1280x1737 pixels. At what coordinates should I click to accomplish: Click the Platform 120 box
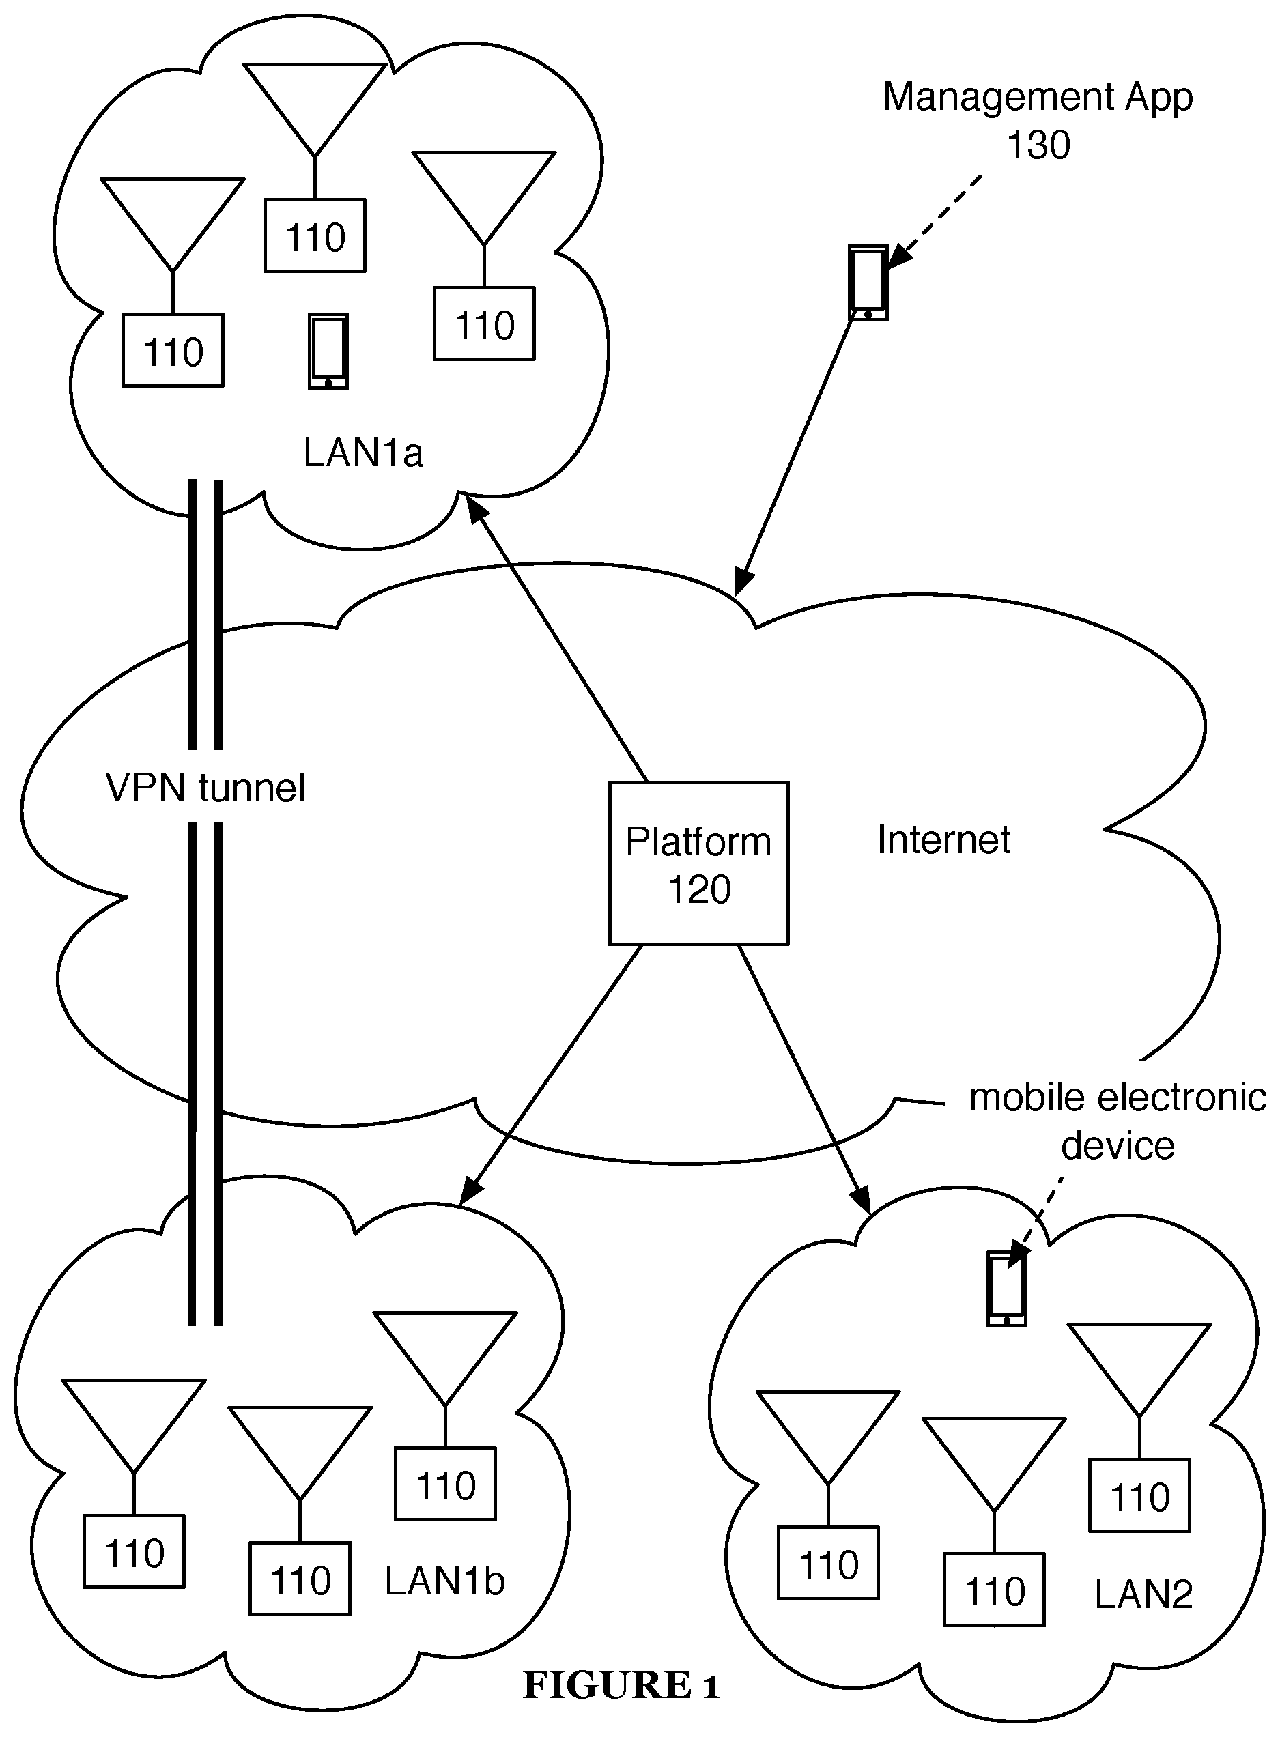698,863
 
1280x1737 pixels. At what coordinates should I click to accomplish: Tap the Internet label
943,839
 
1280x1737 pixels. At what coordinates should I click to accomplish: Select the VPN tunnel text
205,788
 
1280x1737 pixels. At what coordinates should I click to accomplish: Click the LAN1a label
362,453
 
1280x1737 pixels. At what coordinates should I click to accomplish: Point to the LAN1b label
444,1581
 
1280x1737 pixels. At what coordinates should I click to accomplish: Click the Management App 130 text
1038,120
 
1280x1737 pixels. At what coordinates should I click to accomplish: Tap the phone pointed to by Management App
868,283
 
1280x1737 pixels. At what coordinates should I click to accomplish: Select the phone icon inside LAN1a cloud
328,351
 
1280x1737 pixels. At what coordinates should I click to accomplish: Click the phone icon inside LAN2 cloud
1006,1290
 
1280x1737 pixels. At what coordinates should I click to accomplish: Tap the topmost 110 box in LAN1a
315,236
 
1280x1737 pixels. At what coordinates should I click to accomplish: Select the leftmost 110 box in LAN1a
173,350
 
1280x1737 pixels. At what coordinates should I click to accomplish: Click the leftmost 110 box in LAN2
827,1564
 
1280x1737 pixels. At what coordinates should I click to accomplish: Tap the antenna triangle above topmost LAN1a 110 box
315,101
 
